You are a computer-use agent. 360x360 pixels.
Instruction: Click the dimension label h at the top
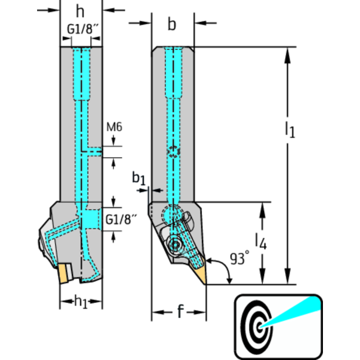pos(81,10)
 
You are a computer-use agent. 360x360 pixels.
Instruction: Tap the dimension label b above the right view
pos(172,24)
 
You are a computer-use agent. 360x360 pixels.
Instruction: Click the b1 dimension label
pos(138,178)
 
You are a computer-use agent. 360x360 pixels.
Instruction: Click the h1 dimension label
pos(81,301)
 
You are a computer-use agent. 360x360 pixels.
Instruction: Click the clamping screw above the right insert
pos(175,245)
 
